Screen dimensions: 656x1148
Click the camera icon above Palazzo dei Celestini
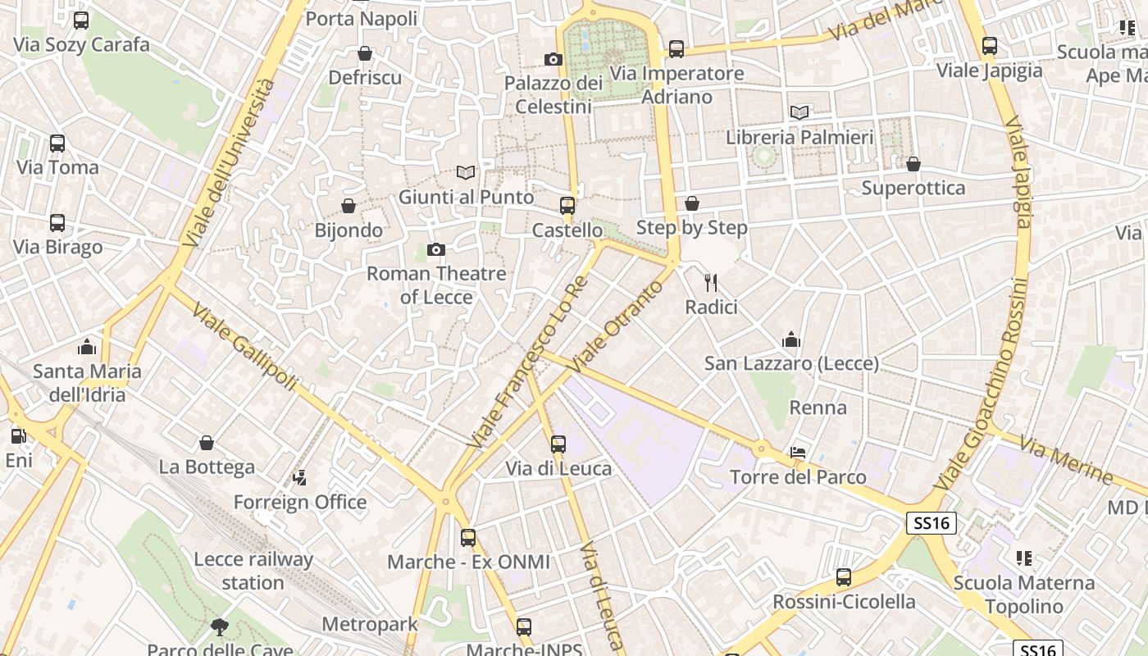[553, 59]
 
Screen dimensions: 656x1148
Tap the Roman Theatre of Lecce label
[435, 285]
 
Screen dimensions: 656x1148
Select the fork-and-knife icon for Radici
[711, 283]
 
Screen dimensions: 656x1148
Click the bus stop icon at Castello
[567, 206]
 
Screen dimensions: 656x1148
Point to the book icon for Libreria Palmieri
[799, 112]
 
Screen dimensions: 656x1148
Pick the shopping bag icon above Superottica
[913, 164]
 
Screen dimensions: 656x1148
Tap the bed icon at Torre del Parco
[798, 453]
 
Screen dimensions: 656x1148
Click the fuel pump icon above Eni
[18, 436]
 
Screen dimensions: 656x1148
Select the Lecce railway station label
[253, 571]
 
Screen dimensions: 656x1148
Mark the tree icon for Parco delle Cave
[219, 627]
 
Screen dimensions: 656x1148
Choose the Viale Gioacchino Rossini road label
[985, 385]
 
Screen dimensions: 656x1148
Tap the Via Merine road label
[1065, 460]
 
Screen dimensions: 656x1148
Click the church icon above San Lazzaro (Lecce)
[791, 339]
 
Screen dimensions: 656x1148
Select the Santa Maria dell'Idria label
[87, 383]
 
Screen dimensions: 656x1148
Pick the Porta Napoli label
[361, 18]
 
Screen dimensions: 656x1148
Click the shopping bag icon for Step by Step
[692, 203]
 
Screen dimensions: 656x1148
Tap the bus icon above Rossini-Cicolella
[844, 577]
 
